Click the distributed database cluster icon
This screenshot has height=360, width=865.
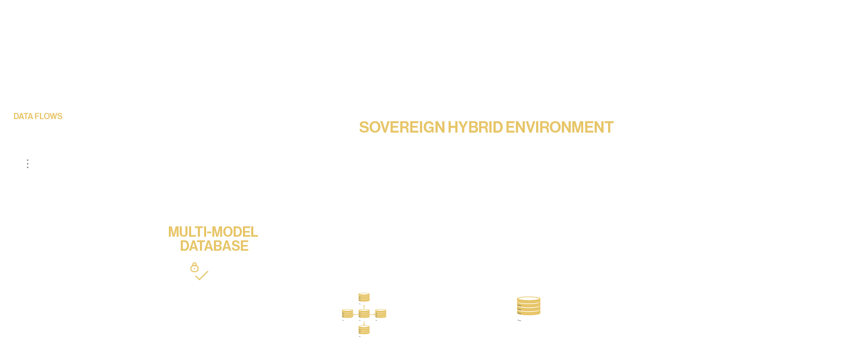pos(364,314)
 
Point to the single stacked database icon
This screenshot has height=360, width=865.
pos(529,309)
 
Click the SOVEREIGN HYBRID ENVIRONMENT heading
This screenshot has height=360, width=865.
pos(486,127)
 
